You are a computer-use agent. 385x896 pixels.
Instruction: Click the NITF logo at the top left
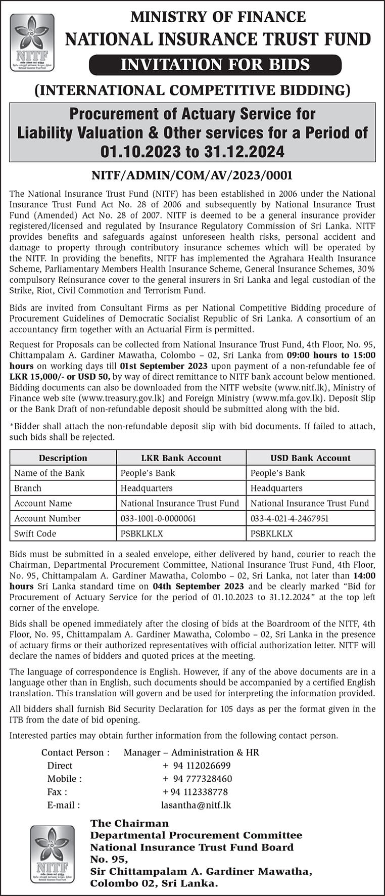(32, 42)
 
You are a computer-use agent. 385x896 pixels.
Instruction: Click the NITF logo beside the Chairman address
(52, 854)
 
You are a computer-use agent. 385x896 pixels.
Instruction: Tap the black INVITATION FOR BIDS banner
(215, 65)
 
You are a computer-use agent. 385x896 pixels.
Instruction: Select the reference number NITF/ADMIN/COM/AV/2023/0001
(192, 175)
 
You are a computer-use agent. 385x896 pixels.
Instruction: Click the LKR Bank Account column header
(181, 458)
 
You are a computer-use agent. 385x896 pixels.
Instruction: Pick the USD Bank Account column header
(310, 458)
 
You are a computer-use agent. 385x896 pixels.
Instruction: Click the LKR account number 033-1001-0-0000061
(158, 518)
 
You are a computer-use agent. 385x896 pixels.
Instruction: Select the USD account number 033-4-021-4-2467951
(290, 518)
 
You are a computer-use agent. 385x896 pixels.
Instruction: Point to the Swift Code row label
(35, 533)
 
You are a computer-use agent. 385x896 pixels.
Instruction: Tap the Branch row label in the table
(28, 488)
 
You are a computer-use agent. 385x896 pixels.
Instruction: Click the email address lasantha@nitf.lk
(196, 805)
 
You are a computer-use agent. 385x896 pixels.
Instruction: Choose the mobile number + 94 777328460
(197, 779)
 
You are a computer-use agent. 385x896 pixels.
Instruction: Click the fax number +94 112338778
(195, 792)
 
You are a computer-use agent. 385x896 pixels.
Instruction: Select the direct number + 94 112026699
(197, 766)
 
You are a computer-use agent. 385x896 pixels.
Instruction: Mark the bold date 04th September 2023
(198, 587)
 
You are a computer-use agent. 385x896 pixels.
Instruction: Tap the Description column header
(63, 458)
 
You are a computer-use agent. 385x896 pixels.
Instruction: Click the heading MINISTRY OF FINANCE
(218, 17)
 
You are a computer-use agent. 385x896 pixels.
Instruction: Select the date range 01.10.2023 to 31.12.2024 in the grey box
(192, 151)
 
